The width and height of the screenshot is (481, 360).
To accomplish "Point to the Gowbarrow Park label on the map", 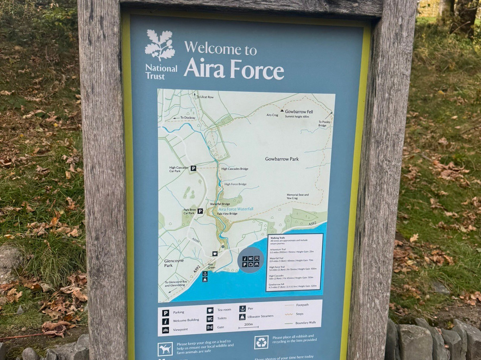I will pos(281,159).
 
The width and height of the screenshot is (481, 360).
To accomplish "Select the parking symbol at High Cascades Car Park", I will pos(193,168).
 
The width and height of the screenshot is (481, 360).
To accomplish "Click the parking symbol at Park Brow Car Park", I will pos(200,211).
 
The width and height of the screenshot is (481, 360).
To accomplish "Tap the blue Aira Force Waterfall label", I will pos(236,209).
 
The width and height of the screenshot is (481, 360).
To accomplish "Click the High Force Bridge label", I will pos(235,184).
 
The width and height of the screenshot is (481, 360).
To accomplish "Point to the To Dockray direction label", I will pos(187,118).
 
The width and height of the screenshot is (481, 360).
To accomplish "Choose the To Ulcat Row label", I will pos(204,97).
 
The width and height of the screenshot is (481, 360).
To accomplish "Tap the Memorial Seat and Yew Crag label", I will pos(298,196).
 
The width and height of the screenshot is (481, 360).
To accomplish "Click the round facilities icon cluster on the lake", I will pos(251,261).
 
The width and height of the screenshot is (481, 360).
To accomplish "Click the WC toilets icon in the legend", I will pos(210,319).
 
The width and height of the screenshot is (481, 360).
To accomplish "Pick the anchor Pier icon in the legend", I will pos(242,308).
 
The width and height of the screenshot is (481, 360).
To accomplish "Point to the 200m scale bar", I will pos(248,326).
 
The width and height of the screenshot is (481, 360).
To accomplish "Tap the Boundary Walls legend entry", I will pos(305,323).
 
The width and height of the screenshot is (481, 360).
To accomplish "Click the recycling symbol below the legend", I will pos(261,342).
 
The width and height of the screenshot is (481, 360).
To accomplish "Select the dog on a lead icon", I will pos(165,348).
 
